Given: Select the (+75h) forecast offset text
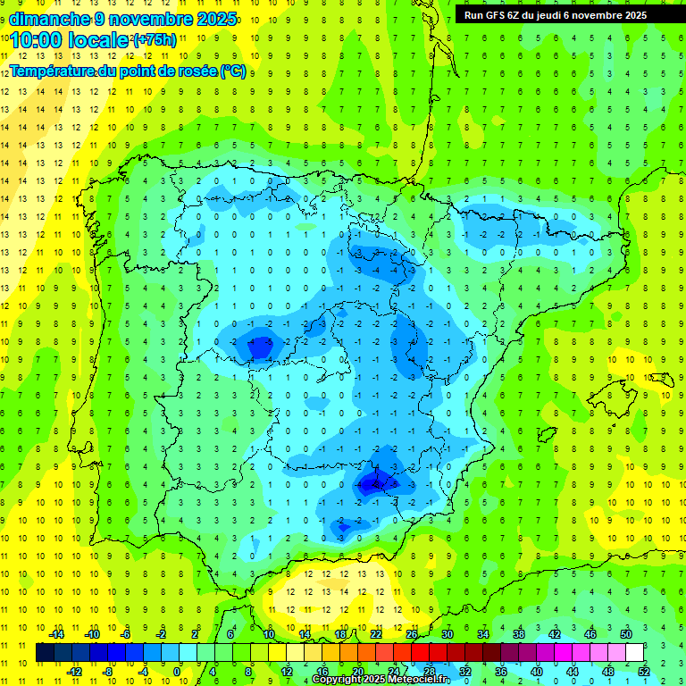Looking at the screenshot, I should click(x=154, y=40).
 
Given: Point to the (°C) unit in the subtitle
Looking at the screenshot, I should click(x=233, y=71).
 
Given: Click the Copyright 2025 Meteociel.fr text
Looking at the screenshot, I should click(x=381, y=680).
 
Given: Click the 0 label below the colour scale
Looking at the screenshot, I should click(x=177, y=672).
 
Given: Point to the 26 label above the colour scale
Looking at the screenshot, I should click(x=412, y=634).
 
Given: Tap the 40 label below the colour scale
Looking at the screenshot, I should click(x=537, y=672).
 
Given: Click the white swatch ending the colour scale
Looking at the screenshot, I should click(x=635, y=653).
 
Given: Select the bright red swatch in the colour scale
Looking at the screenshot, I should click(x=421, y=653).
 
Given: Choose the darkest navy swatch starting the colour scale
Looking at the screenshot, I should click(x=45, y=653).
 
